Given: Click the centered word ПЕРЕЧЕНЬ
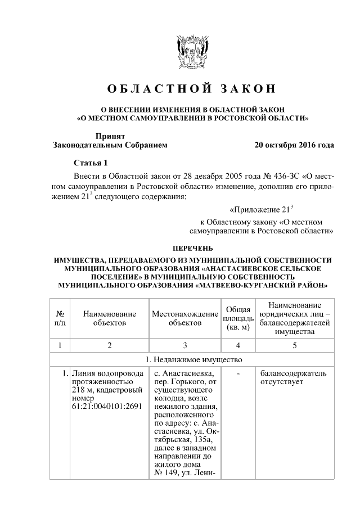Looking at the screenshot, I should coord(192,247).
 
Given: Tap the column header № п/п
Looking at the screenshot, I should coord(59,318).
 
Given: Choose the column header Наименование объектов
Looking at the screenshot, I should coord(110,318).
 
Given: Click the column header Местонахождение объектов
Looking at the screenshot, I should coord(185,318).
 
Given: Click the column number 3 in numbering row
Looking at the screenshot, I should coord(185,344).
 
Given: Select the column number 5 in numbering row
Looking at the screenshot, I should coord(294,344).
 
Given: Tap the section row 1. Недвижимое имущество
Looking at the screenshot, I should coord(192,360).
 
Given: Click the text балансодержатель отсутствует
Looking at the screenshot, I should coord(293,377).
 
